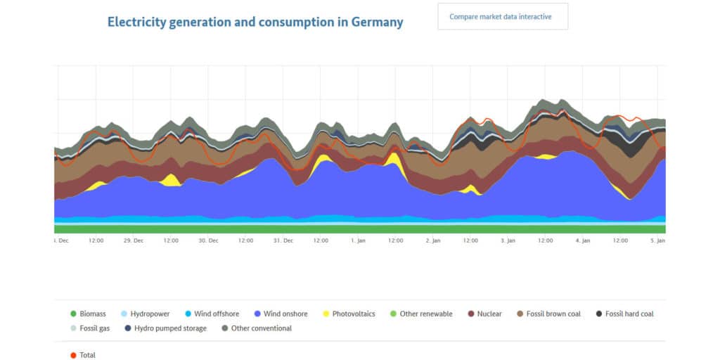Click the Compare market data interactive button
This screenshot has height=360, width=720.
point(502,16)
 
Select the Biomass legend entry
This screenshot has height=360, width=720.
point(88,314)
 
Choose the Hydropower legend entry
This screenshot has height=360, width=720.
point(145,314)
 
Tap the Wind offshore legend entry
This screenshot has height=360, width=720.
point(211,314)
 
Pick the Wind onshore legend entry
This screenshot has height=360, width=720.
point(282,314)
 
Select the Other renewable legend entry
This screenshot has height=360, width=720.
point(421,314)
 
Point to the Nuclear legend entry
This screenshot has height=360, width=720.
point(484,314)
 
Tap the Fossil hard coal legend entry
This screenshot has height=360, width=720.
point(624,314)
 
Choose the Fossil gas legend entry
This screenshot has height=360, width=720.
point(92,328)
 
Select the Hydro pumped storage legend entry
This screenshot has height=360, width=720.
point(165,328)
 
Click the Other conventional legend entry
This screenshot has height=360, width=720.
point(256,328)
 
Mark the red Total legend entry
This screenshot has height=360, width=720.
point(83,355)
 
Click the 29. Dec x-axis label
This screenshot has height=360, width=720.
point(134,240)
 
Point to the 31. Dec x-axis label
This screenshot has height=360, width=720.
point(283,240)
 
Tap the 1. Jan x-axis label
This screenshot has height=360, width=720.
point(358,240)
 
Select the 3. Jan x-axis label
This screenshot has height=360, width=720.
point(508,240)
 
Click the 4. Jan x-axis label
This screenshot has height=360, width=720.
point(582,240)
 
